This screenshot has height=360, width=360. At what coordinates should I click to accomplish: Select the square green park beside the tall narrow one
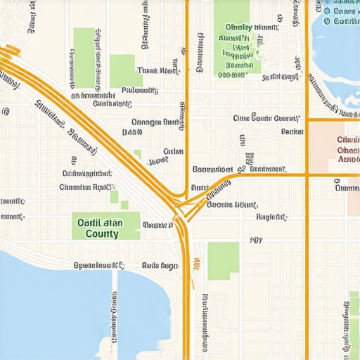coord(125,70)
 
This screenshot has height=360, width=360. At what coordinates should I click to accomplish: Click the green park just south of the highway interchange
coord(223,260)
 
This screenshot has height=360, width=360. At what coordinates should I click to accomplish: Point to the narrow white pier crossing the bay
coord(115,309)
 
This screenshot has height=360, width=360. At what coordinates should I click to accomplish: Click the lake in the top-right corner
coord(336,42)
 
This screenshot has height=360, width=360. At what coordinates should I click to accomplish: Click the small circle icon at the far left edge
coord(6,111)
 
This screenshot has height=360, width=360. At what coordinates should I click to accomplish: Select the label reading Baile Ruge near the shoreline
coord(160,266)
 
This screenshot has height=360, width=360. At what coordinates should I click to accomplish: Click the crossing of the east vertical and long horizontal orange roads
coord(307,174)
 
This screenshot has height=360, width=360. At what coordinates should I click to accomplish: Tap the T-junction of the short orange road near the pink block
coord(307,120)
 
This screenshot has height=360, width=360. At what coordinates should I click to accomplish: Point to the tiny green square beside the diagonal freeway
coord(138,153)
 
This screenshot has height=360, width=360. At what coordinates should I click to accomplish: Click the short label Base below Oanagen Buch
coord(132,131)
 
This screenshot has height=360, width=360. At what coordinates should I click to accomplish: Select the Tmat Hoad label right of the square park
coord(158,71)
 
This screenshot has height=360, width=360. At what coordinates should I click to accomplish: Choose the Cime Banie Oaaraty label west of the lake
coord(266,118)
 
